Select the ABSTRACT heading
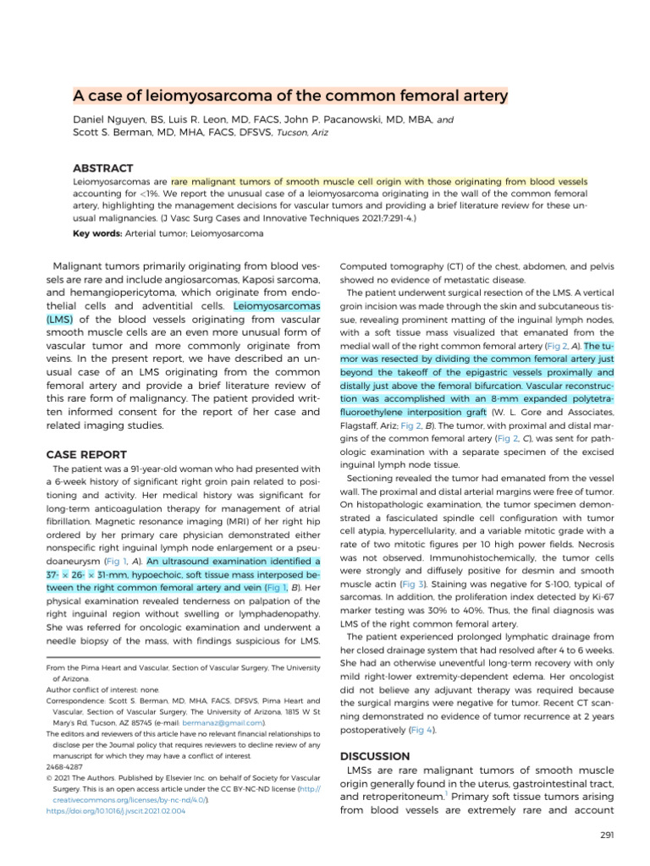click(103, 168)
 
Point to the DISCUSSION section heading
click(375, 755)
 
